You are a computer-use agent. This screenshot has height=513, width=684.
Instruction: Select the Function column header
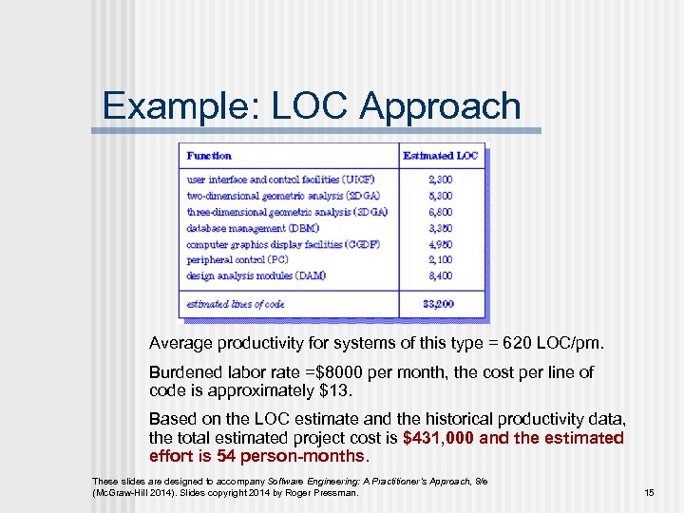click(x=209, y=155)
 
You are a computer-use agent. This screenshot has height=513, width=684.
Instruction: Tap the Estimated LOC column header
click(x=441, y=155)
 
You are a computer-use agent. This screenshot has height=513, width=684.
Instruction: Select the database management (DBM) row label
click(x=253, y=228)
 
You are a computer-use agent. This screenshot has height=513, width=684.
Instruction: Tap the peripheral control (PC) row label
click(x=237, y=259)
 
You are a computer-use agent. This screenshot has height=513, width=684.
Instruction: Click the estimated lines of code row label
click(x=236, y=304)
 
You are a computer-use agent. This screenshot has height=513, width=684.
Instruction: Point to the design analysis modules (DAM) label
click(x=256, y=275)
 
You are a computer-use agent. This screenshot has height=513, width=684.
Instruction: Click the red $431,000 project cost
click(x=438, y=438)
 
